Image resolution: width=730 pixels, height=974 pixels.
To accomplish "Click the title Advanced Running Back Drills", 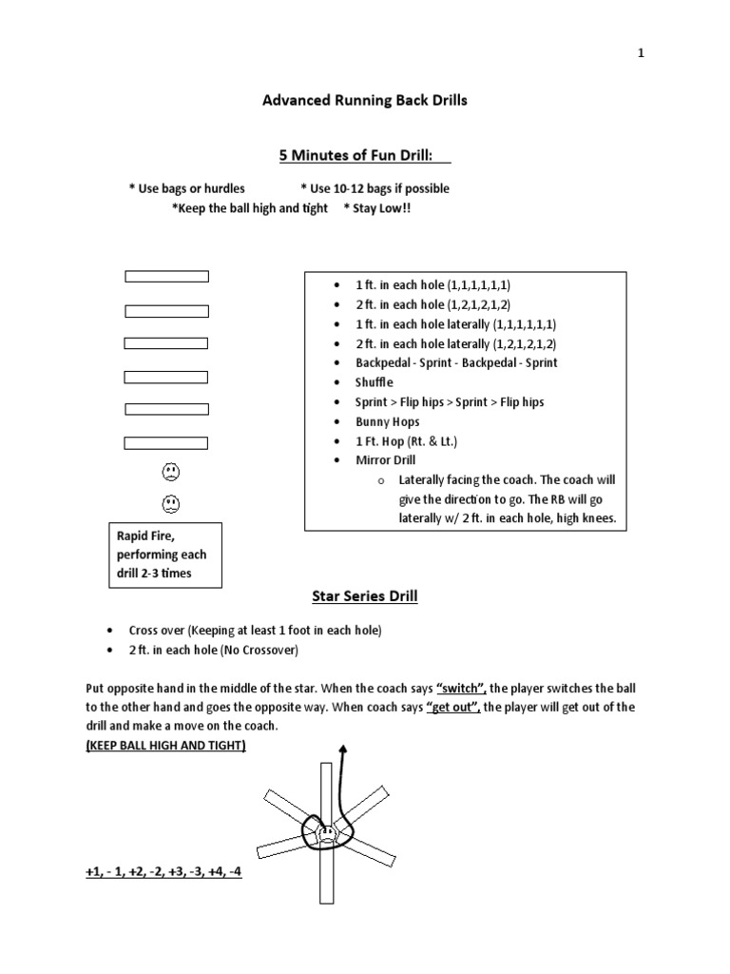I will coord(365,100).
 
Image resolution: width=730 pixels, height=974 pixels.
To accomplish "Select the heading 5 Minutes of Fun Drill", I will coord(365,155).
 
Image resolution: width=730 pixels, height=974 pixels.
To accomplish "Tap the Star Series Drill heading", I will coord(365,596).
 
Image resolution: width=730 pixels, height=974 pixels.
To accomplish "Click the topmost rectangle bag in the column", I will coord(167,277).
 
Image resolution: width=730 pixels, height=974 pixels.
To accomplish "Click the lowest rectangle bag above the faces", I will coord(167,442).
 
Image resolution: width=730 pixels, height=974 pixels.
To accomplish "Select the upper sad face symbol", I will coord(170,471).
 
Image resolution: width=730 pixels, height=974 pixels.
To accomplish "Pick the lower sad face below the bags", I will coord(170,502).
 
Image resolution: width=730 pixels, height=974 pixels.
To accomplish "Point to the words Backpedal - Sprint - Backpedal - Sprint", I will coord(456,362).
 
